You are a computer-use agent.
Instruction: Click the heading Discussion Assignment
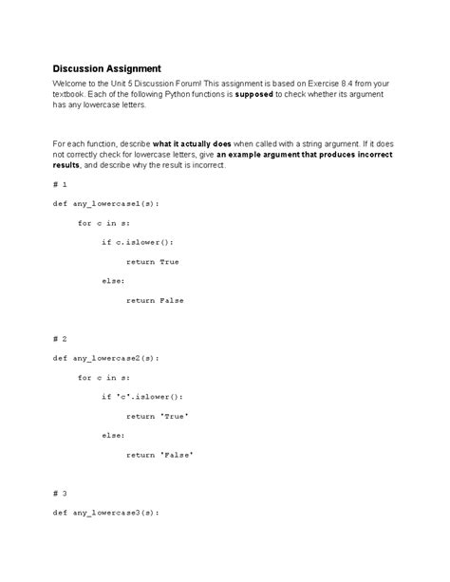pos(106,68)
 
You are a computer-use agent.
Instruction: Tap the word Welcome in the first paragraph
pos(72,84)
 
